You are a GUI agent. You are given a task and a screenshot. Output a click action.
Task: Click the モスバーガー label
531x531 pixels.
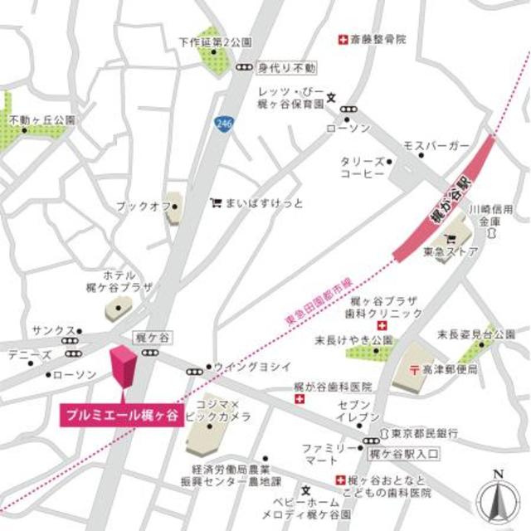pyautogui.click(x=436, y=146)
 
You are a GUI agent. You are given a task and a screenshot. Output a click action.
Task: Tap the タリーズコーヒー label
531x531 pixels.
pyautogui.click(x=362, y=168)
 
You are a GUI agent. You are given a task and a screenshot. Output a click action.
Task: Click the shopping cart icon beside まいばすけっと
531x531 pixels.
pyautogui.click(x=216, y=202)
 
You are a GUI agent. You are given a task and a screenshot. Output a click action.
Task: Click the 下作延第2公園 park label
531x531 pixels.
pyautogui.click(x=216, y=41)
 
